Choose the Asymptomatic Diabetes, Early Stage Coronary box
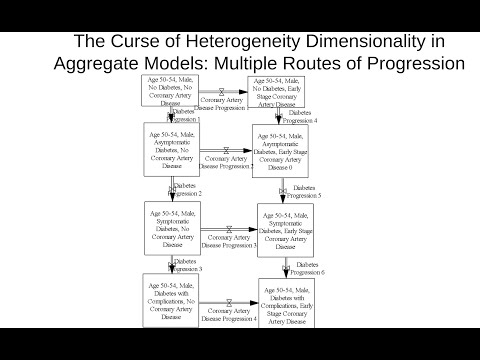click(x=280, y=150)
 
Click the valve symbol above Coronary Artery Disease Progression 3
click(x=226, y=228)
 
